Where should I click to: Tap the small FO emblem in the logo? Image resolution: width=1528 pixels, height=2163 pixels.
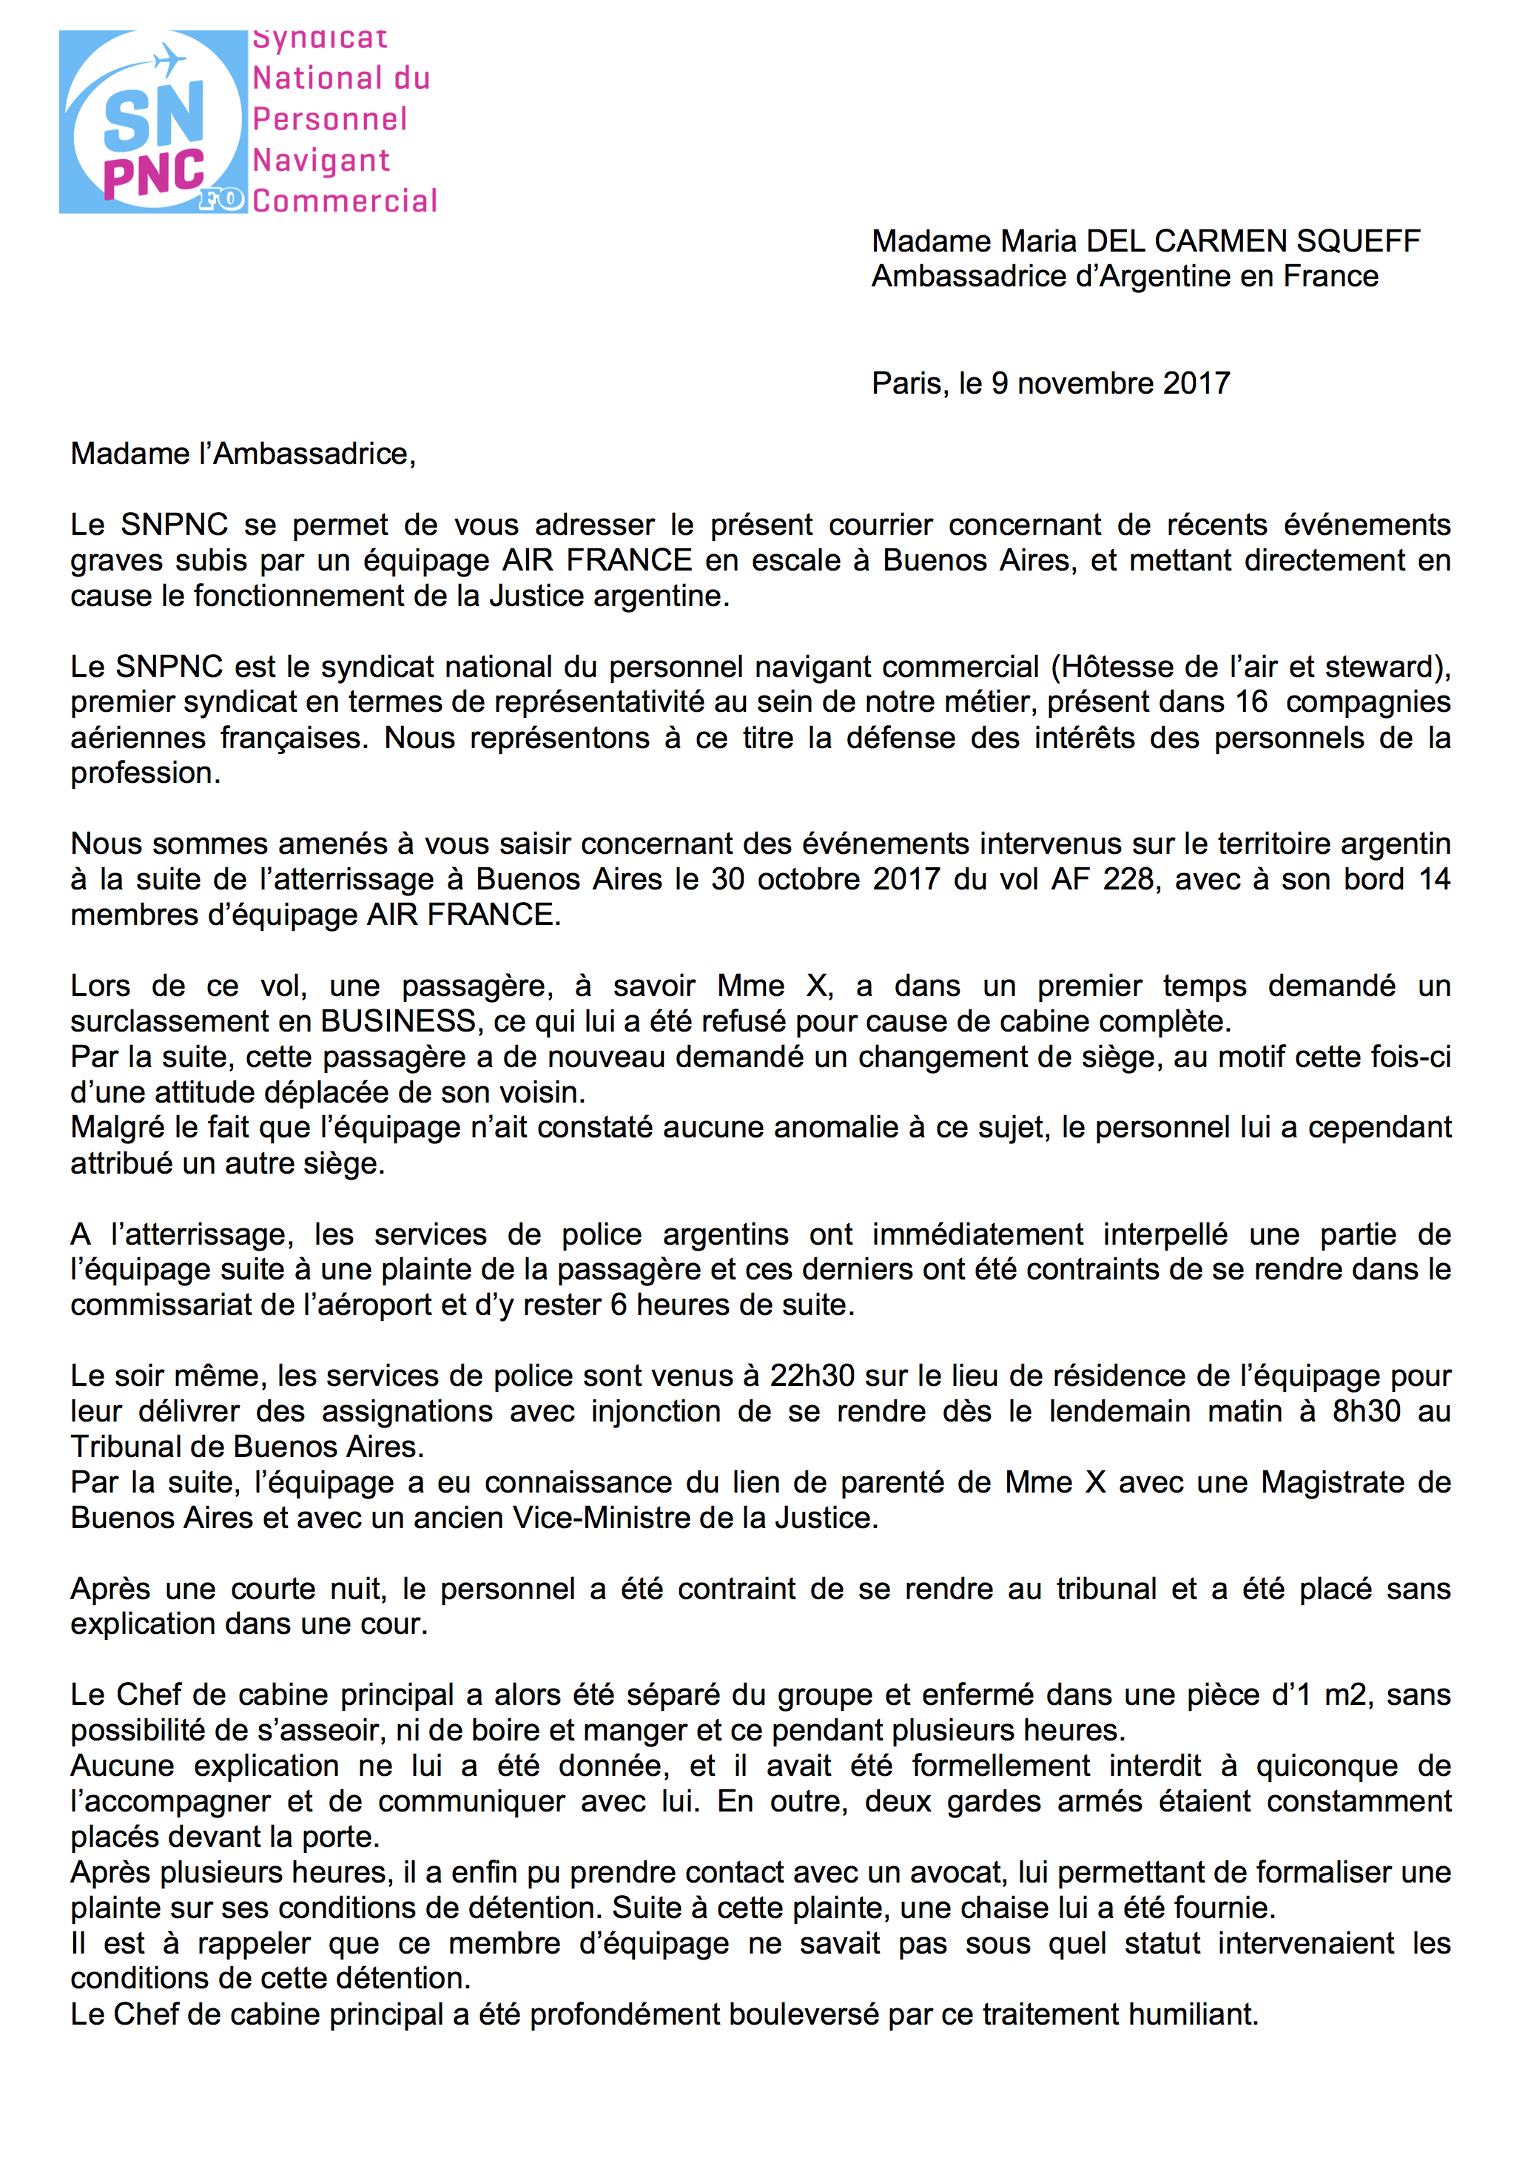coord(221,199)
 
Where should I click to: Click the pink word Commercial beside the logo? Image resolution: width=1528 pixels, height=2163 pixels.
coord(345,201)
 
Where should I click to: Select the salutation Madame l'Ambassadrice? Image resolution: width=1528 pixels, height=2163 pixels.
coord(243,454)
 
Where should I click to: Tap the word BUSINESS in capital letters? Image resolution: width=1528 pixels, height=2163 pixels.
coord(399,1021)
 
